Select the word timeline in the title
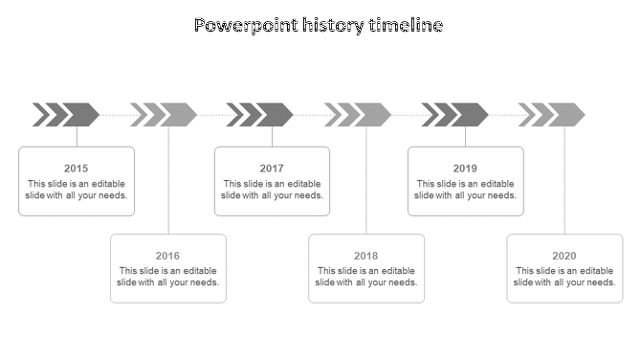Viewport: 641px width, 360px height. [406, 26]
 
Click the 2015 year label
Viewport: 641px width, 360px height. [77, 169]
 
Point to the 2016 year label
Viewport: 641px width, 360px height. [167, 256]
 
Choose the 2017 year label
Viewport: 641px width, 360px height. [272, 169]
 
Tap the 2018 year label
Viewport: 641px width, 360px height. [365, 256]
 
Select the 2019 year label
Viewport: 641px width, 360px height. [465, 169]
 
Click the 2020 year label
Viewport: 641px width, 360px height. [564, 256]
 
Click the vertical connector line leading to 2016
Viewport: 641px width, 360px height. [168, 182]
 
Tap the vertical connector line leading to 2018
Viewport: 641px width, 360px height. [366, 182]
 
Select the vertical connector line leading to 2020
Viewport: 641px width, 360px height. [564, 182]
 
